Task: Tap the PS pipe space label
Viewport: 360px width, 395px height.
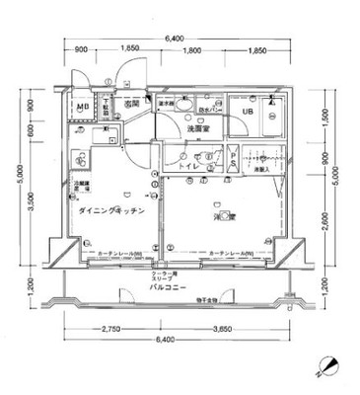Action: (x=233, y=163)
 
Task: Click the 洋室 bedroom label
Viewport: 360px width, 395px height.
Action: (x=224, y=215)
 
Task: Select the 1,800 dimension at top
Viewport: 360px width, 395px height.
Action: (x=191, y=50)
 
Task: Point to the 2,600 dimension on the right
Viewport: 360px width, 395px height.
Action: (x=325, y=212)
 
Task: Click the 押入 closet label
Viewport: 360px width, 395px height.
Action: (x=261, y=170)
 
